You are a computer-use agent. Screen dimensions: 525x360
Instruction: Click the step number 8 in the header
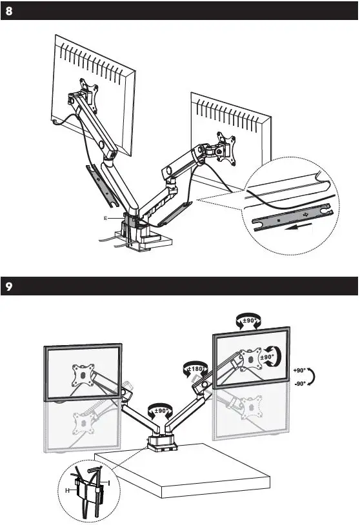point(8,12)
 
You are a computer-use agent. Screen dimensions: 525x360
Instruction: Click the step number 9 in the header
point(8,285)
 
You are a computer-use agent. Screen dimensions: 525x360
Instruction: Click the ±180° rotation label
point(195,368)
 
